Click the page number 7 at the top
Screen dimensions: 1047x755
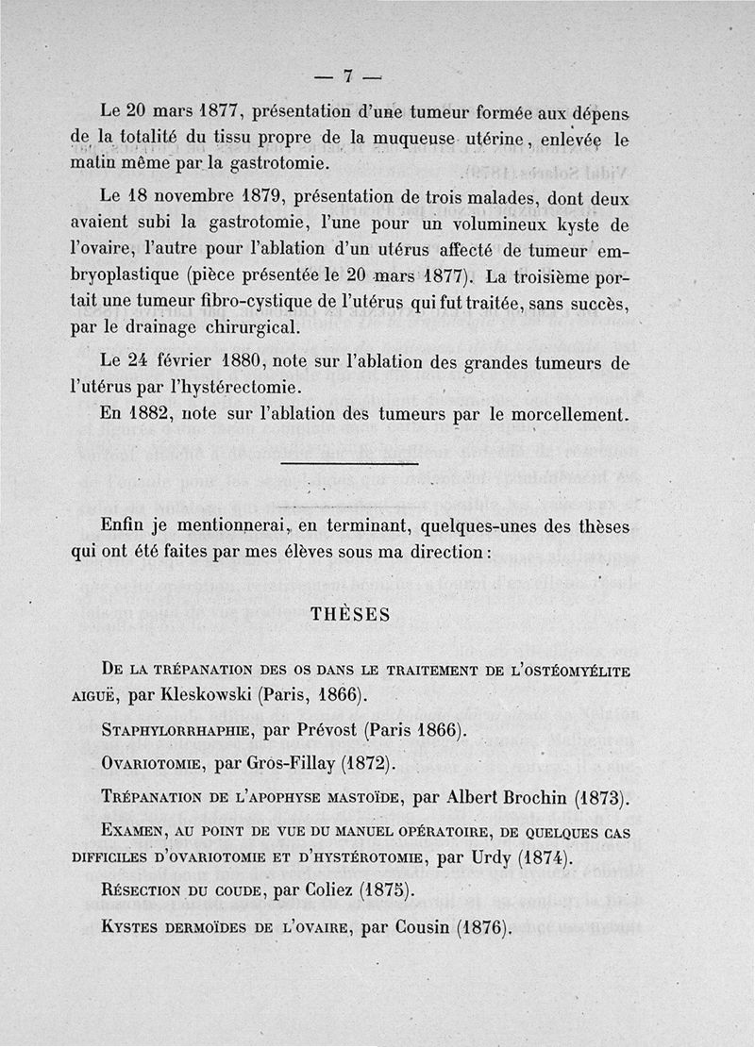click(x=347, y=76)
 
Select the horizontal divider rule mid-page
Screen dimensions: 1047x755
click(x=349, y=463)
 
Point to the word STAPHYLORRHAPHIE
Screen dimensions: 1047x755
click(x=176, y=730)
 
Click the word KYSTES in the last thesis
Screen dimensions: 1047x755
click(x=133, y=926)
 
